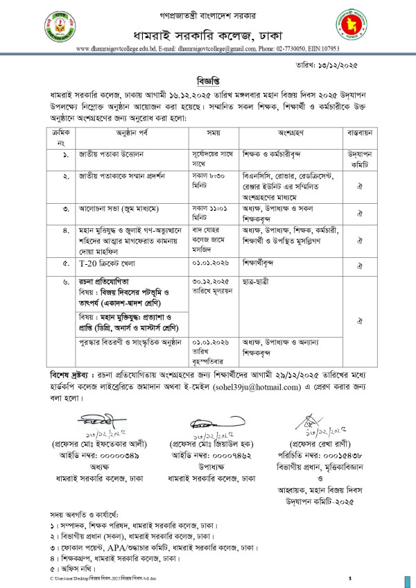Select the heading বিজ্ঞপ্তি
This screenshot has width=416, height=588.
click(208, 80)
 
